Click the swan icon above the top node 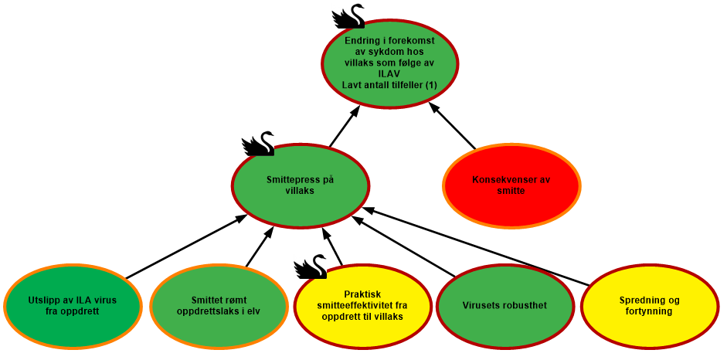point(348,15)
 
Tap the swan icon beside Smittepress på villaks point(257,143)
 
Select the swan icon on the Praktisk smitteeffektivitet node point(310,267)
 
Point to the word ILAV point(389,73)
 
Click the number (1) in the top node point(432,84)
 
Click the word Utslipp point(44,301)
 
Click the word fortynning point(650,311)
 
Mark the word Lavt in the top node point(353,84)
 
